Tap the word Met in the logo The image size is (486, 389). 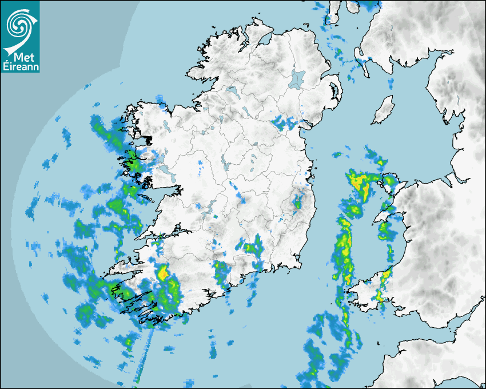20,57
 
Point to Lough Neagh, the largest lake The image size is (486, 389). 297,79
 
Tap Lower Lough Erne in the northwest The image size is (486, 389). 231,90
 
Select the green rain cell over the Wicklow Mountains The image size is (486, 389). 297,201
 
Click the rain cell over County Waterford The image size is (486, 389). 252,249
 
